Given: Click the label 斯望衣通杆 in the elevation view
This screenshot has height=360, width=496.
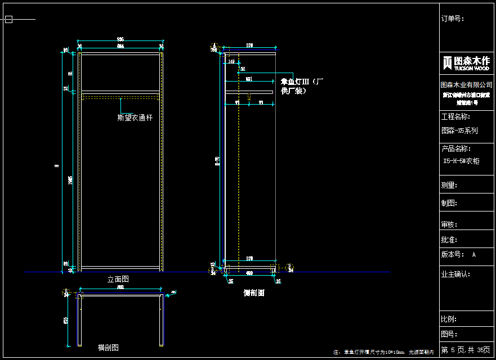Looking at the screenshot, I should tap(135, 118).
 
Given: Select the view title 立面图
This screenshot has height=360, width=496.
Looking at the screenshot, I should tap(118, 279).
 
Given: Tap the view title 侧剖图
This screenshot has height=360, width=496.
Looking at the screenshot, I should tap(253, 293).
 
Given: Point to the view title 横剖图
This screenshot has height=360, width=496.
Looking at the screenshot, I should tap(108, 348).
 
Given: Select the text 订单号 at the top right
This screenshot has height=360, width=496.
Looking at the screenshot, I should tap(452, 19).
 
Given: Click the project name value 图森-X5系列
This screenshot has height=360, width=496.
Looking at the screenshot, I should tap(459, 130).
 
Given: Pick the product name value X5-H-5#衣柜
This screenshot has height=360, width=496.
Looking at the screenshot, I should tap(462, 161).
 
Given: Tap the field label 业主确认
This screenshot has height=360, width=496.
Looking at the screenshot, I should tap(455, 274).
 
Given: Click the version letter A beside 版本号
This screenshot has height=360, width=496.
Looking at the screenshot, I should tap(474, 254).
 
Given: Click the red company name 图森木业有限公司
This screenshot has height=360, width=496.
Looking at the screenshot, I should tap(466, 85).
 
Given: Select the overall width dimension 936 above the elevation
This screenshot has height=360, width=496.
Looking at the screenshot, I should tap(120, 39).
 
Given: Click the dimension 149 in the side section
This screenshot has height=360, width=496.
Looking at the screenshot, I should tap(232, 62).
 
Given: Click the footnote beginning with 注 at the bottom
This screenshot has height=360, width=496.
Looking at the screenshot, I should tap(383, 352).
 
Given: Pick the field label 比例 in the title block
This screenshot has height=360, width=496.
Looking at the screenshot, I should tap(449, 319).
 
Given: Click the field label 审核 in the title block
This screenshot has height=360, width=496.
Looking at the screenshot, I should tap(449, 224).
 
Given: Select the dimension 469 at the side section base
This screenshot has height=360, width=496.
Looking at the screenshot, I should tap(249, 273).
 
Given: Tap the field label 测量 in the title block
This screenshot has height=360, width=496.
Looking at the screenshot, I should tap(449, 185).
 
